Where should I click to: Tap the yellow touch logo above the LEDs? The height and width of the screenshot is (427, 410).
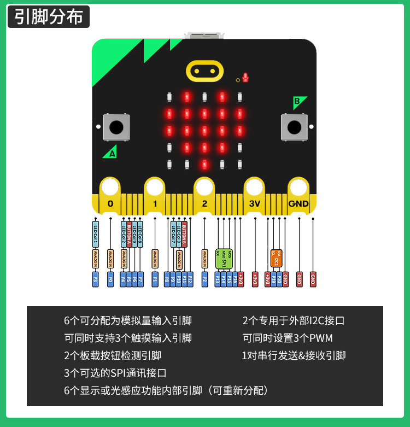[204, 71]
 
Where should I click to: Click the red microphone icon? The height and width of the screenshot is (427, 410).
[245, 77]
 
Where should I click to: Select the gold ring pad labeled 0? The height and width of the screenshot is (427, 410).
[110, 189]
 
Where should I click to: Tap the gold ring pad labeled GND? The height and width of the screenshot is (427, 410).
[298, 189]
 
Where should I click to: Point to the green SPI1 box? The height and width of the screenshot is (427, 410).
[224, 258]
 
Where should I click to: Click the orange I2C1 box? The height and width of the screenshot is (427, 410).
[276, 258]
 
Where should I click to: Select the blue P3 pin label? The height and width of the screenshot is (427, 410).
[96, 279]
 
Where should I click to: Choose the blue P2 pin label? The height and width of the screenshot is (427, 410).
[205, 279]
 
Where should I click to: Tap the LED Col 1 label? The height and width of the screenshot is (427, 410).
[96, 233]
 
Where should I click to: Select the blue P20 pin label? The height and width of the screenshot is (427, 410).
[279, 279]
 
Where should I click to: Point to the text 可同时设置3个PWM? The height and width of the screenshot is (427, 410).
[288, 338]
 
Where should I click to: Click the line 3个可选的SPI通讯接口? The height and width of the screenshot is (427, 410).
[115, 373]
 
